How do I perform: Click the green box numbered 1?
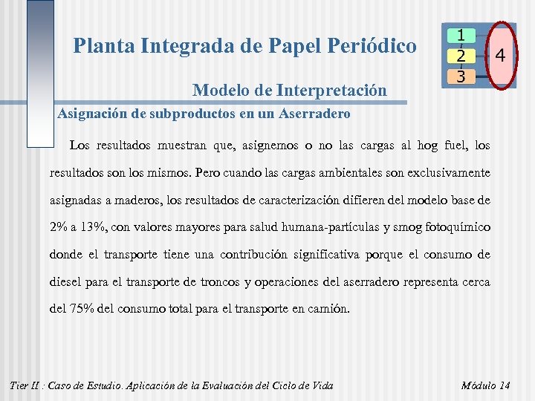click(x=461, y=36)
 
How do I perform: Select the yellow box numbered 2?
click(x=461, y=56)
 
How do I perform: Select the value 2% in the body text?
click(x=59, y=226)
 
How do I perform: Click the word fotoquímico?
click(x=457, y=226)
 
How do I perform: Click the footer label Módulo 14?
click(x=485, y=385)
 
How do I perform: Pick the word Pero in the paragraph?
click(x=210, y=172)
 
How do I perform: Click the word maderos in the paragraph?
click(x=132, y=200)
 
